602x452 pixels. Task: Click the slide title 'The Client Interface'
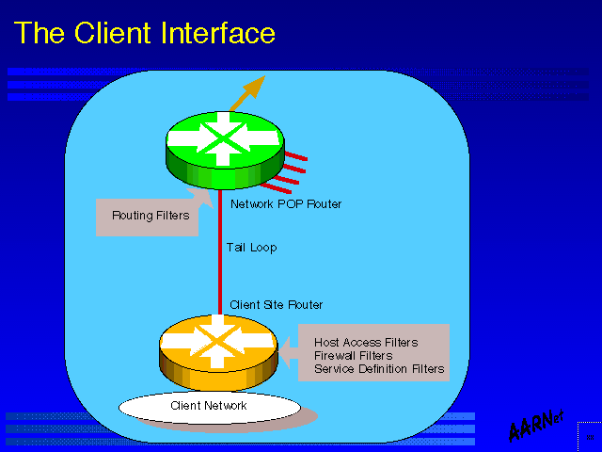[146, 34]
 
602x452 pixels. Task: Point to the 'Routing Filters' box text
[150, 216]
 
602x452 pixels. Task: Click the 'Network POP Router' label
[286, 203]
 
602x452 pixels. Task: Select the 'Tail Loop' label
[252, 248]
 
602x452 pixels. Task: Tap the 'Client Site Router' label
[276, 305]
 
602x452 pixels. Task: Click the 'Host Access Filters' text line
[366, 343]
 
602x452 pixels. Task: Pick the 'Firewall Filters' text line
[354, 356]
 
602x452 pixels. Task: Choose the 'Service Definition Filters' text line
[379, 369]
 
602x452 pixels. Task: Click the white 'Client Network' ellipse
[209, 406]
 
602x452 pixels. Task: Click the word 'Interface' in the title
[216, 34]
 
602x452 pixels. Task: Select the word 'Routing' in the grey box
[132, 216]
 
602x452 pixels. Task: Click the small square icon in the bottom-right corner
[589, 438]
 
